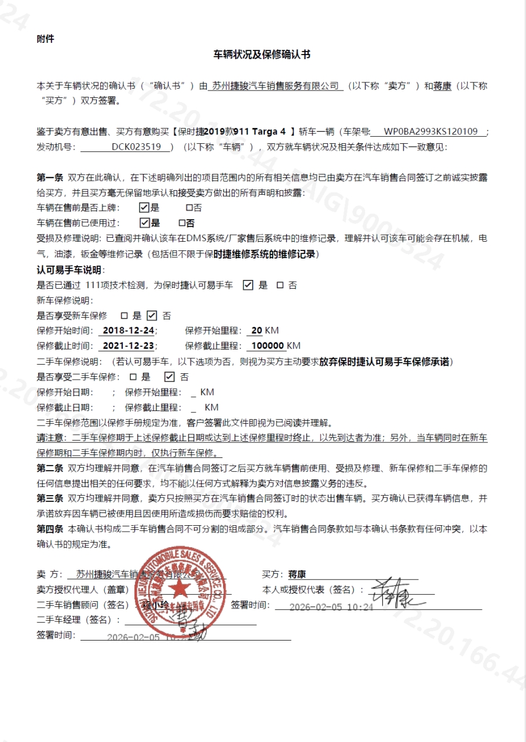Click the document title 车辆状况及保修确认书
click(262, 55)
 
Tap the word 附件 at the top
click(45, 39)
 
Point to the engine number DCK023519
click(136, 147)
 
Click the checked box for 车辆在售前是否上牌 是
click(145, 208)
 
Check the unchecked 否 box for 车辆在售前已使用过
click(182, 223)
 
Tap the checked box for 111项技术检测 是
click(248, 285)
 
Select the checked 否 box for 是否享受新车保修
click(152, 316)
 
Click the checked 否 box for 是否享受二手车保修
click(169, 377)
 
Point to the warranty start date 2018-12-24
click(128, 331)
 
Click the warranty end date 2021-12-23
click(128, 346)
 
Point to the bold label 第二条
click(50, 468)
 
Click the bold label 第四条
click(50, 529)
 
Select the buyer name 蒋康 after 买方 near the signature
click(297, 574)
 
